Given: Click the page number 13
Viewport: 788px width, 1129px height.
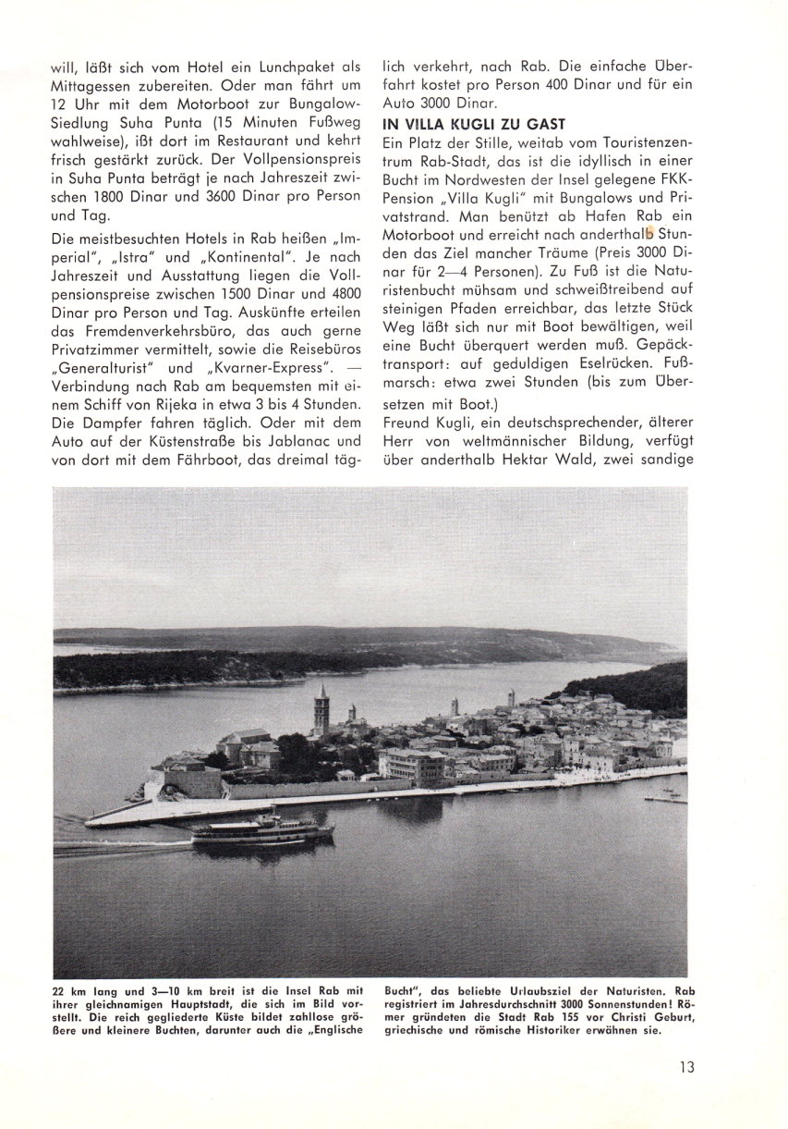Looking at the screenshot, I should point(685,1066).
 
